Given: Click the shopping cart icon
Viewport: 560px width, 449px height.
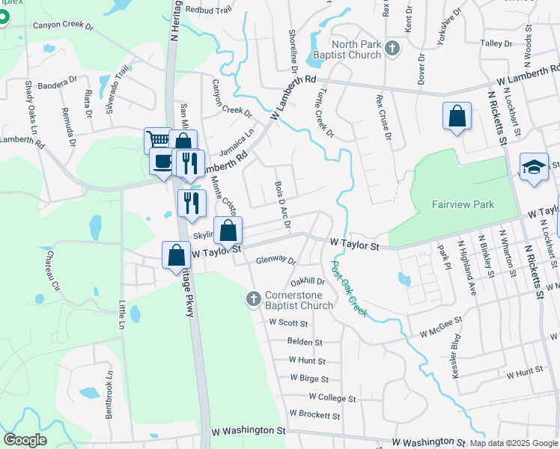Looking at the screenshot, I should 157,139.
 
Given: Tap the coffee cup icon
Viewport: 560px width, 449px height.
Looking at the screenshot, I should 162,160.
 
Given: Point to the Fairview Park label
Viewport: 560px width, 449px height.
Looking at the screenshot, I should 463,204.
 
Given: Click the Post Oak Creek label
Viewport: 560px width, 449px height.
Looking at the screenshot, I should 349,288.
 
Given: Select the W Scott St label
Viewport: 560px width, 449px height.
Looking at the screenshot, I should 288,323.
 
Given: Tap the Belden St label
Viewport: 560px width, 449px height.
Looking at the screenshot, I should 305,341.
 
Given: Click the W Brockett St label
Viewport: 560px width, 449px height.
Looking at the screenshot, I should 314,415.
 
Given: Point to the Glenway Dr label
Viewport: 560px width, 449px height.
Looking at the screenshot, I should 276,262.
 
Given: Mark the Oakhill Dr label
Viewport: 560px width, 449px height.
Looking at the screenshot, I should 308,281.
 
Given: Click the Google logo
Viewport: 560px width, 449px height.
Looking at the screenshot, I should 25,440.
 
